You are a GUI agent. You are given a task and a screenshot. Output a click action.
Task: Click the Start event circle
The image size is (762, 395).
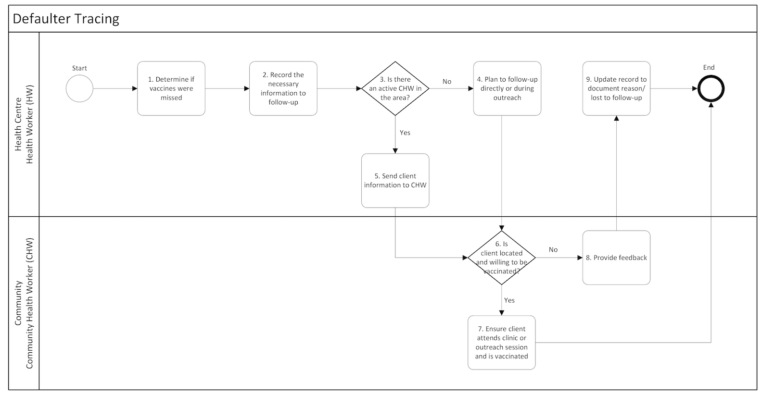pos(79,88)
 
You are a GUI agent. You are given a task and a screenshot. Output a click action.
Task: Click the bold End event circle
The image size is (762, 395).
pos(711,89)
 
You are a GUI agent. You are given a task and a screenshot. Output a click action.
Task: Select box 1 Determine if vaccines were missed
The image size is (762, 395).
pos(171,88)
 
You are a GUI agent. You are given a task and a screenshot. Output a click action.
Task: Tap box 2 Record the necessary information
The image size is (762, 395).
pos(283,88)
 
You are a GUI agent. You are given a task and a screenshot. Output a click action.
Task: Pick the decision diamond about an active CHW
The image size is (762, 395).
pos(395,88)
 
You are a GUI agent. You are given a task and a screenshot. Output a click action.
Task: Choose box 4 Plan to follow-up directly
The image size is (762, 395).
pos(507,88)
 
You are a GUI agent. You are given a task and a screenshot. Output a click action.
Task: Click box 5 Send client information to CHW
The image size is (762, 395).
pos(395,181)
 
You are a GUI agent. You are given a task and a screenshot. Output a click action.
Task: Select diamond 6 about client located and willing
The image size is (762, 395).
pos(502,258)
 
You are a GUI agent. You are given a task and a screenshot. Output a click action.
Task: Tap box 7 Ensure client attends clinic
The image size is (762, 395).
pos(501,343)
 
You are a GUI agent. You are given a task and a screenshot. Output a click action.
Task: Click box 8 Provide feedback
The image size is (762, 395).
pos(616,258)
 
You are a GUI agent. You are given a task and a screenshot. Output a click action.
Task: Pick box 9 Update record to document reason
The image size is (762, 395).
pos(616,88)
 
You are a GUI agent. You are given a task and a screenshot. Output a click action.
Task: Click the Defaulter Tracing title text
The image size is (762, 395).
pos(66,19)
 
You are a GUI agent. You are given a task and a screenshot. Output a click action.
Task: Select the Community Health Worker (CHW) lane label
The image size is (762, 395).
pos(24,304)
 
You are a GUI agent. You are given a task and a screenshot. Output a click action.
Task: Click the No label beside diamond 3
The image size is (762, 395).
pos(447,82)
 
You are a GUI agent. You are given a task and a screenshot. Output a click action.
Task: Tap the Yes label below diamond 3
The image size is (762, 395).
pos(405,133)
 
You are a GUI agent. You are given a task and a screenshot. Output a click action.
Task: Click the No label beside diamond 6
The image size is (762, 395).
pos(553,250)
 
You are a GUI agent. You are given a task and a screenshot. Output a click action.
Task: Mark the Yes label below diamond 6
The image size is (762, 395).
pos(509,300)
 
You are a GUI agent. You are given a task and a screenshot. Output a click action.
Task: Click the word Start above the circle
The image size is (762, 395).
pos(79,68)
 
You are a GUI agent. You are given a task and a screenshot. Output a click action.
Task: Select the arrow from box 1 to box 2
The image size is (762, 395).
pos(227,88)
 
